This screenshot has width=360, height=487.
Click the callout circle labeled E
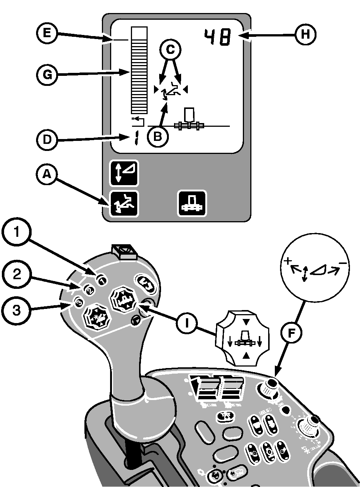[46, 33]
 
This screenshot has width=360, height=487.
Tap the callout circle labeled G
[46, 75]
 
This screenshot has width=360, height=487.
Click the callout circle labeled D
[46, 140]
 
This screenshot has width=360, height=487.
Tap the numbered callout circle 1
[16, 232]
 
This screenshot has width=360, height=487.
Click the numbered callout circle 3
[16, 310]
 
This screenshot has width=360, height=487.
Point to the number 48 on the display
[217, 38]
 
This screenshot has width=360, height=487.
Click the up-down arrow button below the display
[124, 173]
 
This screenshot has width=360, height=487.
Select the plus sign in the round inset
[287, 261]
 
